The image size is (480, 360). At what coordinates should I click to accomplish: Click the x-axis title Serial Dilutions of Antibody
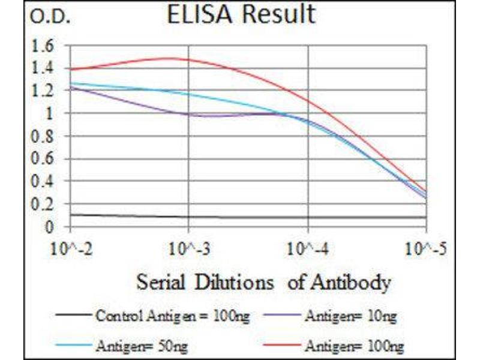click(263, 281)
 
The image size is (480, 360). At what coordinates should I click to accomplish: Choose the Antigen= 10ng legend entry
click(350, 315)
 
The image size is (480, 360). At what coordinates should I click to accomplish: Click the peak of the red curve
click(171, 58)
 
